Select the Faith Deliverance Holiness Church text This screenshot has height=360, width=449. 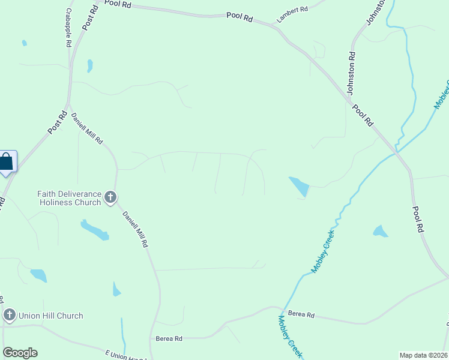point(69,198)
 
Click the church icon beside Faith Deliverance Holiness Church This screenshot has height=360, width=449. point(110,197)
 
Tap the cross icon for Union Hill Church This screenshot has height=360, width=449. point(9,315)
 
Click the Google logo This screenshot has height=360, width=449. point(20,353)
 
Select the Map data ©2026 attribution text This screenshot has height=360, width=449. point(424,355)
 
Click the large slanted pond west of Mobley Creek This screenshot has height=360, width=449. point(300,187)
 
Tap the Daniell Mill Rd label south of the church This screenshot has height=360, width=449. point(135,229)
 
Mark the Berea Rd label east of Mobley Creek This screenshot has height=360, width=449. point(301,314)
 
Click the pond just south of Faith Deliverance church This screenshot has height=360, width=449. point(94,230)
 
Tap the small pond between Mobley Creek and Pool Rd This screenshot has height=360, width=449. point(380,231)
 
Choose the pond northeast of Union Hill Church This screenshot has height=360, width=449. point(38,275)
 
